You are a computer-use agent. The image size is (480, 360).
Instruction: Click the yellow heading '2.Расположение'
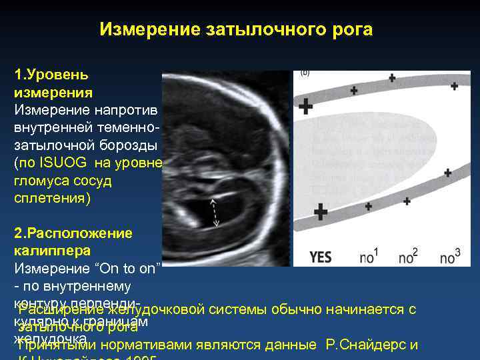(73, 234)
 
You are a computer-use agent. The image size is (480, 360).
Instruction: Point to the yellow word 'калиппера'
(51, 251)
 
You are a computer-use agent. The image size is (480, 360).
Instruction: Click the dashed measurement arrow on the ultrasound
(214, 213)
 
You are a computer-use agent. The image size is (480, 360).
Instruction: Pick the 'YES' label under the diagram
(321, 257)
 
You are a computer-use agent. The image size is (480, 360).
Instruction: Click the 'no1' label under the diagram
(369, 255)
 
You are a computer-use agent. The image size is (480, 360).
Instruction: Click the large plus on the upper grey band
(305, 105)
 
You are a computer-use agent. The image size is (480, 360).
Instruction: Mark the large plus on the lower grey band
(321, 213)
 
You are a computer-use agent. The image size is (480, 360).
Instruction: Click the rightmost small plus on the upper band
(454, 86)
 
